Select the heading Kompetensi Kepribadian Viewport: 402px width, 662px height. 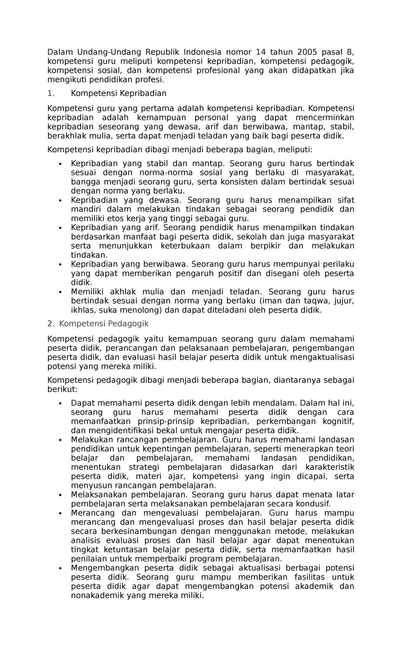pyautogui.click(x=119, y=93)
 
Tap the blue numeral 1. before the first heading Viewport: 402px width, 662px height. pyautogui.click(x=51, y=93)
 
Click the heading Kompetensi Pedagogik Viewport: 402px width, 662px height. pyautogui.click(x=104, y=324)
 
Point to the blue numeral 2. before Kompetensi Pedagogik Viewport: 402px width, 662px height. pyautogui.click(x=51, y=324)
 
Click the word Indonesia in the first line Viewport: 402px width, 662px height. pyautogui.click(x=202, y=52)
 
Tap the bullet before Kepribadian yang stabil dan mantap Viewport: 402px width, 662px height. pyautogui.click(x=60, y=164)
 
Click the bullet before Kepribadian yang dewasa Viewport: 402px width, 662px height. pyautogui.click(x=60, y=200)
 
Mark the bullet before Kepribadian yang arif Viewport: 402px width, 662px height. pyautogui.click(x=60, y=228)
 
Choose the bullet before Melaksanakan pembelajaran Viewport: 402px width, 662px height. pyautogui.click(x=60, y=495)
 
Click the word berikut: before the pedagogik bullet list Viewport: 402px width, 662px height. pyautogui.click(x=62, y=389)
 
